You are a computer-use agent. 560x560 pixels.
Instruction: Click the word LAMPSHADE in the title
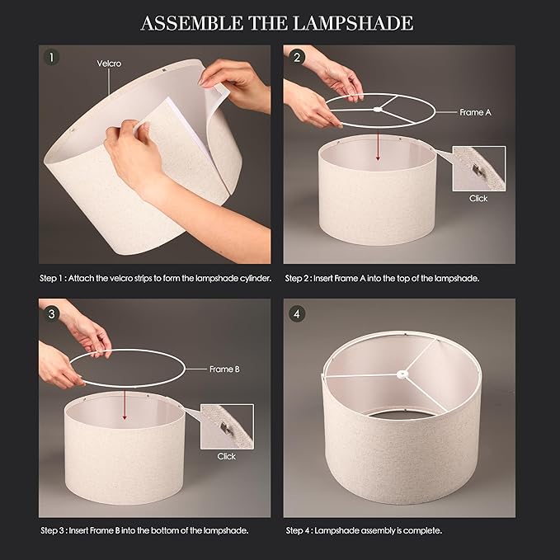(x=353, y=23)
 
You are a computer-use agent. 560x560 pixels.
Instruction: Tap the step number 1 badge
(x=51, y=57)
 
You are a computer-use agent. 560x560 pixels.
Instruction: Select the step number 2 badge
(x=296, y=57)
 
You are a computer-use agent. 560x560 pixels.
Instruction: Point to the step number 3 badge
(x=51, y=314)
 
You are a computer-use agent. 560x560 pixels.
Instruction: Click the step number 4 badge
(x=296, y=314)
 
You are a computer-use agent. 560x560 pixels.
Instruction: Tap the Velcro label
(x=109, y=64)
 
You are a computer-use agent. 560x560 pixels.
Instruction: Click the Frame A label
(x=475, y=112)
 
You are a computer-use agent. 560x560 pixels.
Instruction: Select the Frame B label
(x=224, y=369)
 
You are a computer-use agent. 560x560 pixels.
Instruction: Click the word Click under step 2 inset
(x=478, y=199)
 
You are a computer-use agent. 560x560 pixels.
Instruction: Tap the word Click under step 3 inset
(x=227, y=456)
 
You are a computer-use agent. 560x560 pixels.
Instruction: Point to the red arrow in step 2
(x=378, y=147)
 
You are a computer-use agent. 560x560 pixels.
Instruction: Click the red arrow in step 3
(x=125, y=405)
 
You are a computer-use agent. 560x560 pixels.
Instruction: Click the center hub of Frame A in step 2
(x=377, y=110)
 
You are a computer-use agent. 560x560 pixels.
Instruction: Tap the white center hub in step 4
(x=402, y=374)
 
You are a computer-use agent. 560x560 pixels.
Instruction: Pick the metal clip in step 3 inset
(x=225, y=427)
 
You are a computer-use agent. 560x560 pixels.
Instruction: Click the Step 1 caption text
(x=156, y=278)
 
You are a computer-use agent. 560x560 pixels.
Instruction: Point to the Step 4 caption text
(x=364, y=530)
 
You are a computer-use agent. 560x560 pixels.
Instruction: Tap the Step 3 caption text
(x=144, y=530)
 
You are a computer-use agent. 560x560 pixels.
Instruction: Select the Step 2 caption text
(x=382, y=278)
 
